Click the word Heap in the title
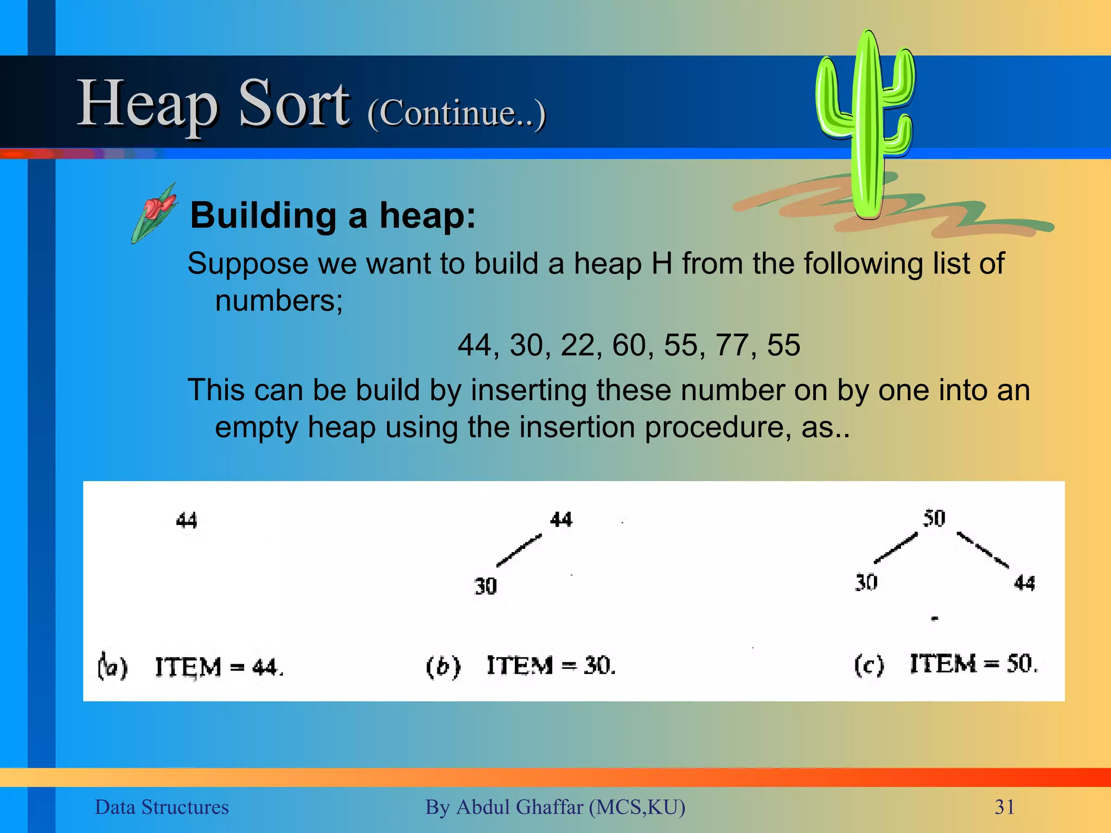(148, 104)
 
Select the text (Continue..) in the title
(456, 113)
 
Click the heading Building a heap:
(333, 215)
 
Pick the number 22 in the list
(577, 345)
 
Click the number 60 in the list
(629, 345)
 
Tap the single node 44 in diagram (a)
(187, 521)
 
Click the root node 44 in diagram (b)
(561, 520)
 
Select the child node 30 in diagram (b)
(485, 586)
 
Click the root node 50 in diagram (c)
(934, 518)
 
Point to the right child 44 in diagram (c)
(1024, 583)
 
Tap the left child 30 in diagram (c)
(866, 582)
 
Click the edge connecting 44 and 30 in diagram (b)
(519, 550)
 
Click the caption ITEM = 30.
(551, 665)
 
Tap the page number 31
(1004, 807)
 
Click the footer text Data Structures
(162, 807)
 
